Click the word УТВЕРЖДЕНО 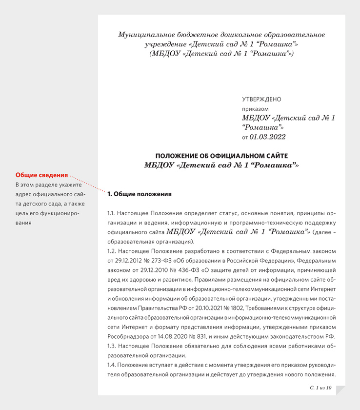(261, 99)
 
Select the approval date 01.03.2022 (267, 137)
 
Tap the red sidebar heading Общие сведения (41, 175)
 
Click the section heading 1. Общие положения (140, 194)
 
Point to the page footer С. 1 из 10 (320, 387)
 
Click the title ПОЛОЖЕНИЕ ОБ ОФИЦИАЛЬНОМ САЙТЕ (221, 156)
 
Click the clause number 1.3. (112, 346)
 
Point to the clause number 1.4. (112, 365)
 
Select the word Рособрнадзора (128, 337)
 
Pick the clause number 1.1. (112, 213)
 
